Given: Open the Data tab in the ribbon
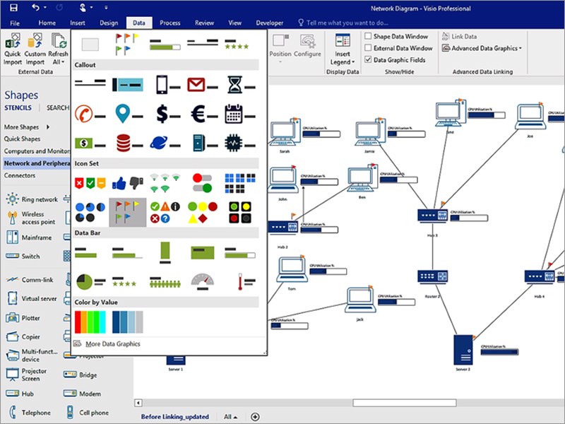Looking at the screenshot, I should [138, 23].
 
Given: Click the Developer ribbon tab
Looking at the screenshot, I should [269, 23].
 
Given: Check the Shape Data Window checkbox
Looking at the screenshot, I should [369, 36].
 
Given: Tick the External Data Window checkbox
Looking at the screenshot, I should [369, 48].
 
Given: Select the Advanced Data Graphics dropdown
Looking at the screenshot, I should [482, 48].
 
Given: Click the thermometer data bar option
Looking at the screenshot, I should [241, 281].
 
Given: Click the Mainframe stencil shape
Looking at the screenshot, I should [31, 238].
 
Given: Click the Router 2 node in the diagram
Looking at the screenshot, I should [428, 277].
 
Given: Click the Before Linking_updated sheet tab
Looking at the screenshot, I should [174, 417].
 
